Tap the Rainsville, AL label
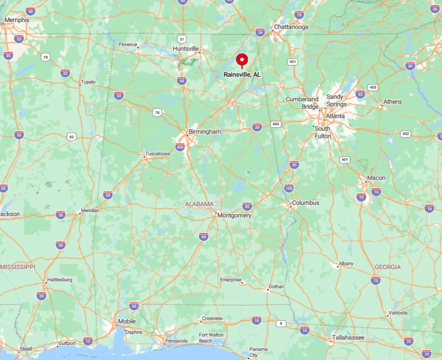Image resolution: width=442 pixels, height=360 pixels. [x=242, y=74]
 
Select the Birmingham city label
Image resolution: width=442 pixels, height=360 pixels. [x=205, y=131]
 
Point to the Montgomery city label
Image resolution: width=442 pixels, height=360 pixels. [x=234, y=215]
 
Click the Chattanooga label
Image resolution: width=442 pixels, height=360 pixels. [x=291, y=27]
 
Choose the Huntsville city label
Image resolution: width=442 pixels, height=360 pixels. [x=186, y=49]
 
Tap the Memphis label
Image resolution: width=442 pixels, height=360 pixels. [x=17, y=20]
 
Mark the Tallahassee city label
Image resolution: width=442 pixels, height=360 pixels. [x=348, y=337]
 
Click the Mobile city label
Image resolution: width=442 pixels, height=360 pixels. [x=127, y=321]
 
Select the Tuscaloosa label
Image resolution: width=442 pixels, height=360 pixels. [x=157, y=154]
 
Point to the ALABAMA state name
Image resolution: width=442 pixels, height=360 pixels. [x=199, y=204]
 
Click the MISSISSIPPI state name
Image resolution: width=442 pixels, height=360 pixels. [x=18, y=267]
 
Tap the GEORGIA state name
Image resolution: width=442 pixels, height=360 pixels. [x=387, y=267]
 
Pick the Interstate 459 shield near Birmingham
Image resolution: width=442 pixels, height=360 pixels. [x=180, y=147]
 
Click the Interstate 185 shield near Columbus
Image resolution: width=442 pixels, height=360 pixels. [x=289, y=188]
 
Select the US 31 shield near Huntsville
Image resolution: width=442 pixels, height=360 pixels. [x=182, y=38]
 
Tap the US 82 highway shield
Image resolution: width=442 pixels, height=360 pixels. [x=71, y=137]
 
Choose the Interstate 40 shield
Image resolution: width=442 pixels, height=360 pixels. [x=30, y=11]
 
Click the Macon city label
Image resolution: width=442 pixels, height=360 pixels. [x=376, y=178]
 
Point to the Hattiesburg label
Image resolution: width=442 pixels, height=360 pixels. [x=59, y=280]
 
